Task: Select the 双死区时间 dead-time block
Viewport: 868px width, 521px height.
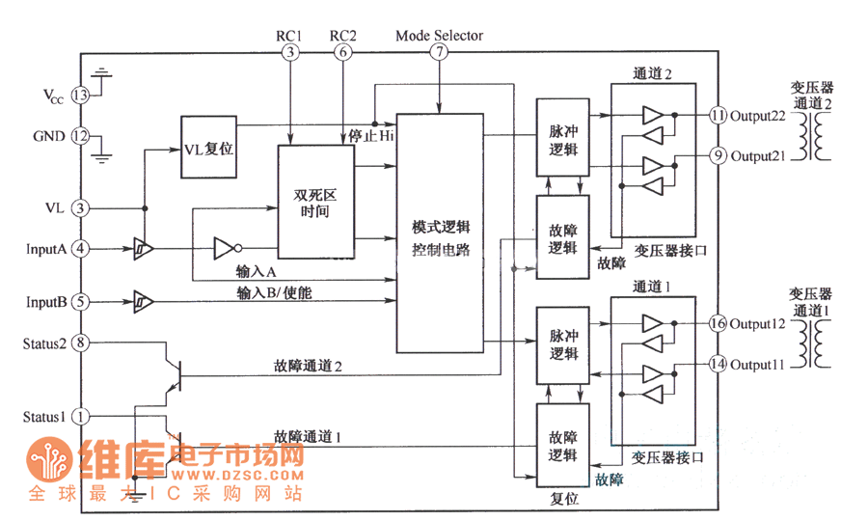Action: tap(315, 203)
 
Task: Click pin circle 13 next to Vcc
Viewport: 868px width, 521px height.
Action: tap(81, 96)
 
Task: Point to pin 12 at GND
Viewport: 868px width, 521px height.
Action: tap(81, 136)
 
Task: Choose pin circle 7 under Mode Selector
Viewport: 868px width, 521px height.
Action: tap(440, 53)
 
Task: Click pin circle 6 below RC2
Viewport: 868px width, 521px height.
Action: tap(343, 53)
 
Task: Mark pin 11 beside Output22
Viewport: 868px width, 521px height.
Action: tap(717, 115)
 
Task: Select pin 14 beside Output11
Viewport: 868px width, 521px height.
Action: tap(717, 364)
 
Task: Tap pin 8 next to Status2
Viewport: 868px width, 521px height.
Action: tap(81, 343)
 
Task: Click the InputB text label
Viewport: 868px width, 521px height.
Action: tap(46, 302)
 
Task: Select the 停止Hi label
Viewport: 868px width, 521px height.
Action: tap(371, 136)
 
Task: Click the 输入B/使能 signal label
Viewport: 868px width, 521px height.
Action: tap(274, 291)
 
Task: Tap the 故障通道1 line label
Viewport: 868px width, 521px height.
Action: tap(308, 436)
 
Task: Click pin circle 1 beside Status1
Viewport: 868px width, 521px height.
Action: tap(81, 417)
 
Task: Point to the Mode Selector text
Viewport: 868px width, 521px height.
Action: tap(439, 36)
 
